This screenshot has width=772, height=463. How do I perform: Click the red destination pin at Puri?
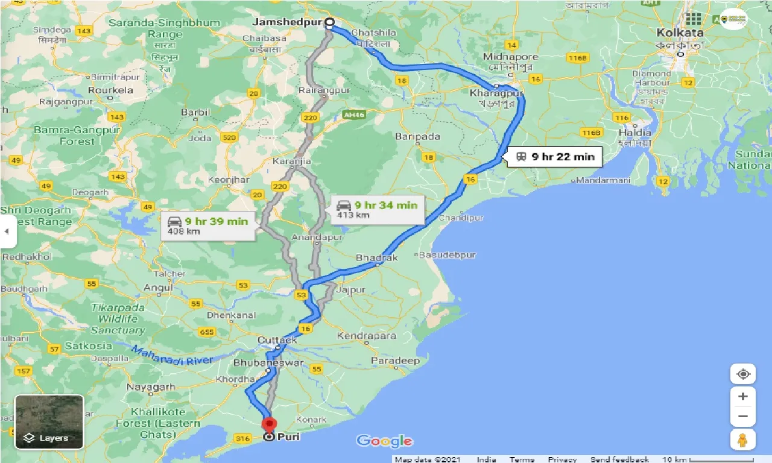click(268, 425)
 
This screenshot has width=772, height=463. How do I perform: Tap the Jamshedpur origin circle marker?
click(330, 24)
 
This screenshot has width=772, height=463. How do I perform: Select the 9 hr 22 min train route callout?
click(555, 157)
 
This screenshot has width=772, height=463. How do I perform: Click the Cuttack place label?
click(277, 340)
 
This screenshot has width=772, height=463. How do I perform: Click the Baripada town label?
click(417, 136)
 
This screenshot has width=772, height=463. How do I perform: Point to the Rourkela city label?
click(110, 90)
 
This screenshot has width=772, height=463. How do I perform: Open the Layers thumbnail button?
click(49, 422)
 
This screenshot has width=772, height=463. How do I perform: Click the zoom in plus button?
click(743, 397)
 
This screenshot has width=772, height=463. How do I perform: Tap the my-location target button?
click(743, 374)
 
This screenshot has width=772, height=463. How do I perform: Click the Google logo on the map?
click(384, 441)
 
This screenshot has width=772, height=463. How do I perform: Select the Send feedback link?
click(619, 459)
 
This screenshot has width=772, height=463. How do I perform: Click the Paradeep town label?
click(395, 361)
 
